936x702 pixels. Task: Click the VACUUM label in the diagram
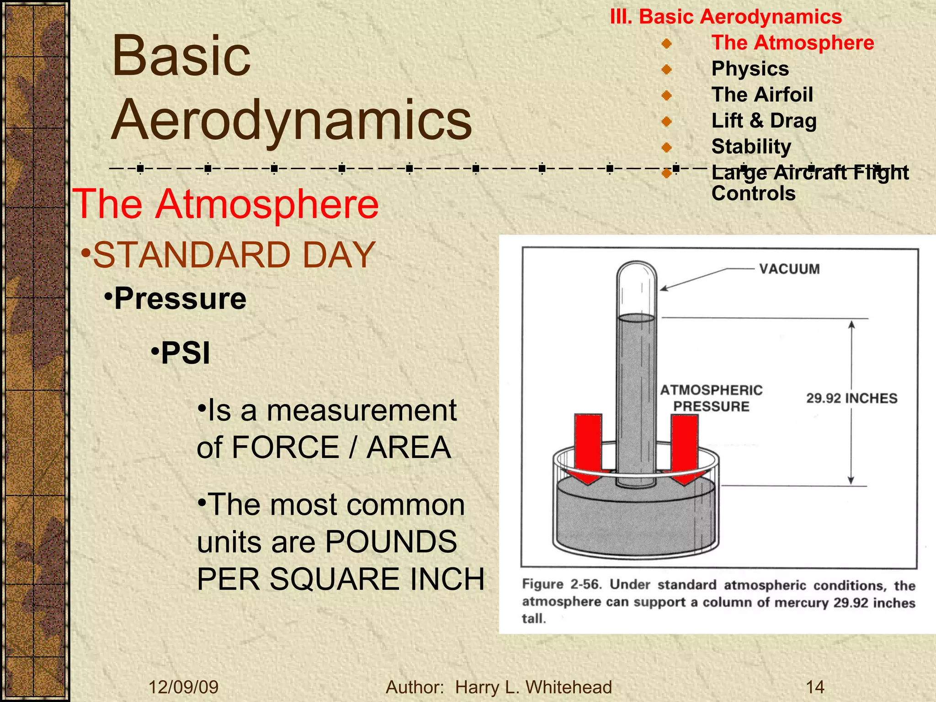789,269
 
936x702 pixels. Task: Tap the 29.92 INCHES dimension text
851,398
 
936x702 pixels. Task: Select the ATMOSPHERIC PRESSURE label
711,398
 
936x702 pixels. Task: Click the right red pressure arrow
684,448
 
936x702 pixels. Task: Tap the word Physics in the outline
750,69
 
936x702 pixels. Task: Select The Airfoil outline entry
762,95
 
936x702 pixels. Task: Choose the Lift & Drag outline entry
764,121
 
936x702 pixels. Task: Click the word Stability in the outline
751,147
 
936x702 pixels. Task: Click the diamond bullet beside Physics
667,69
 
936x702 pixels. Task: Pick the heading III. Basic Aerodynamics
726,17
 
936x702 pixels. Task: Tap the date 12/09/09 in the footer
183,687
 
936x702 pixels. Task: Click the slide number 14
815,687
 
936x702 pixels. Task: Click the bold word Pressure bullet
180,298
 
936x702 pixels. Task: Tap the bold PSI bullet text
186,353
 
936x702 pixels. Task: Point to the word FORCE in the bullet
285,447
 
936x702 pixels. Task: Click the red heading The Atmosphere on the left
226,204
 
